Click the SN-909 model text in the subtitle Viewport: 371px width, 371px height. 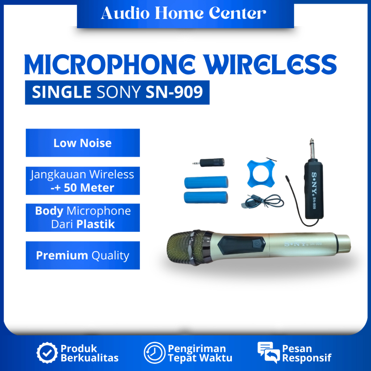click(174, 92)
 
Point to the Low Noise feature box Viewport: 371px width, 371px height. click(83, 143)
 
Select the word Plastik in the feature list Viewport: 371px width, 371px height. click(96, 224)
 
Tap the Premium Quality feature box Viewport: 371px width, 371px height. click(83, 255)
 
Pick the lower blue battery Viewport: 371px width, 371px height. click(206, 197)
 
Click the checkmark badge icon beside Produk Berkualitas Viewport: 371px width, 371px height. click(47, 353)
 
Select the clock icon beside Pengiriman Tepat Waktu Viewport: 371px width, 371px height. click(154, 353)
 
